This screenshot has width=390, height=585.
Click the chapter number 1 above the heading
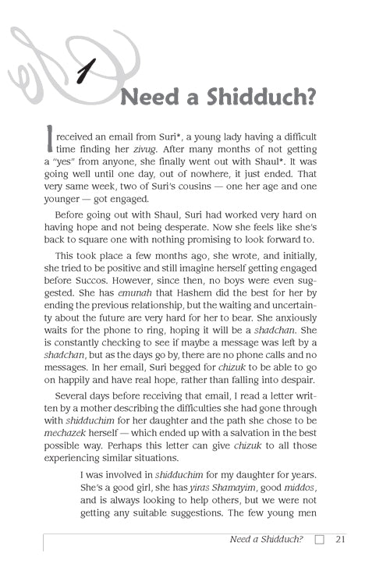[86, 73]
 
